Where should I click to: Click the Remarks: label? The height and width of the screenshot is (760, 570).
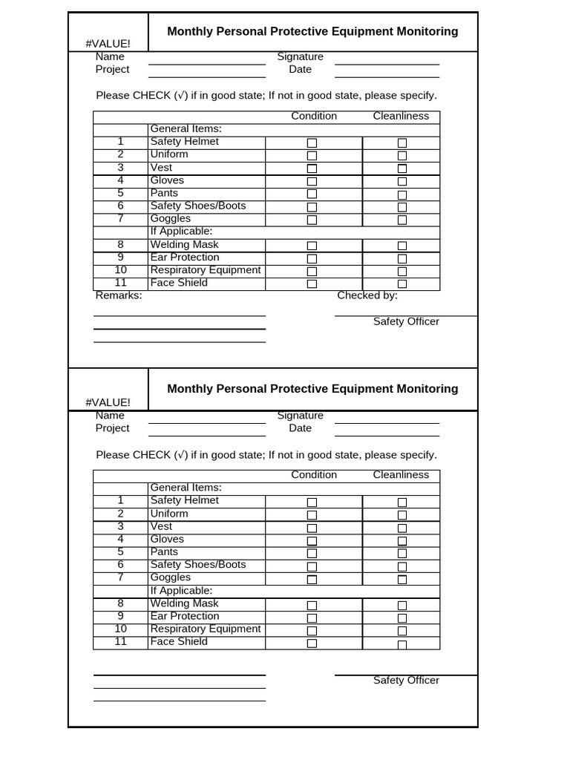point(119,295)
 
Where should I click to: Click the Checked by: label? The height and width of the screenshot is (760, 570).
point(367,295)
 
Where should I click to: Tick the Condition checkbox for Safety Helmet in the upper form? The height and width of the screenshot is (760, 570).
point(312,142)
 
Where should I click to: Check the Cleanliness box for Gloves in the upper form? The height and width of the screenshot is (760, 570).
point(402,181)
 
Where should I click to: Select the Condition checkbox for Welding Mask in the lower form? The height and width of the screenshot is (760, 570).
point(312,605)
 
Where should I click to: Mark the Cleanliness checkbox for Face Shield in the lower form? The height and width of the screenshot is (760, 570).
point(402,644)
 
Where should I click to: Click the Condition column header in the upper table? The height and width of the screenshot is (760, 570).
point(314,117)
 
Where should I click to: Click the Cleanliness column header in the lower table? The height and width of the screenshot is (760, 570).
point(401,475)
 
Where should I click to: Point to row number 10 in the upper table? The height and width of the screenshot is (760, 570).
point(120,270)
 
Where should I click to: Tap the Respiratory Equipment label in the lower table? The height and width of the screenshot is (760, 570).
point(206,629)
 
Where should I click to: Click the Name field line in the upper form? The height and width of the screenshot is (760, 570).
point(206,64)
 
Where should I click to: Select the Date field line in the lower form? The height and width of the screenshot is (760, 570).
point(387,435)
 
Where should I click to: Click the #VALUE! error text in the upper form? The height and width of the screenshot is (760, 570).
point(108,44)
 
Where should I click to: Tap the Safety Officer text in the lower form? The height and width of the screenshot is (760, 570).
point(406,681)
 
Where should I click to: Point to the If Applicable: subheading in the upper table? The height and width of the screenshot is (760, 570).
point(181,232)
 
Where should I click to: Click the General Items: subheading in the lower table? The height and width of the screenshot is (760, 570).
point(186,488)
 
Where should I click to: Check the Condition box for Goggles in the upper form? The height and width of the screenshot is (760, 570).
point(312,220)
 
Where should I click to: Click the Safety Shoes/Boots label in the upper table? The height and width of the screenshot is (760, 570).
point(197,206)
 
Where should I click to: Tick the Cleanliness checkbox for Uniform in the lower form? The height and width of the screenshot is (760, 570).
point(402,515)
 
